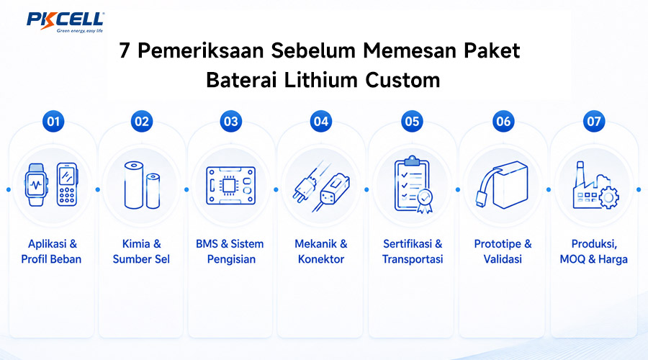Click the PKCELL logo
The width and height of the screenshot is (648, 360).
coord(66,22)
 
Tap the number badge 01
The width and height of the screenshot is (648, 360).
coord(53,121)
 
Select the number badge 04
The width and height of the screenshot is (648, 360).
coord(320,121)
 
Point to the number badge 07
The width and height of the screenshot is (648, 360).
coord(594,121)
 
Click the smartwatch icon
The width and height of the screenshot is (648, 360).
coord(37,185)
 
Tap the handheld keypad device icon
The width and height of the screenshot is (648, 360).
coord(67,184)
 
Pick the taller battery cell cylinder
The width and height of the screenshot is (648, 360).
coord(134,185)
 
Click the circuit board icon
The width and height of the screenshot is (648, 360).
coord(230,186)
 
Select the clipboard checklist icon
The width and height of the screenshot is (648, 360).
coord(413,184)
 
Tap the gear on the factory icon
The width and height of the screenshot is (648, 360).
coord(608,197)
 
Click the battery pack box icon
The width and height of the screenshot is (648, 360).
coord(503,185)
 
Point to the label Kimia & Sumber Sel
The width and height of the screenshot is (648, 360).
coord(141,251)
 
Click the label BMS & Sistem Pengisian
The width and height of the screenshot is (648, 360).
coord(230,251)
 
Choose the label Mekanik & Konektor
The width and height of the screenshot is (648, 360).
coord(320,251)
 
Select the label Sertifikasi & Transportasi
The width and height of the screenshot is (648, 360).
coord(413,251)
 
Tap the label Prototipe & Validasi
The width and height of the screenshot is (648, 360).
coord(503,251)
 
